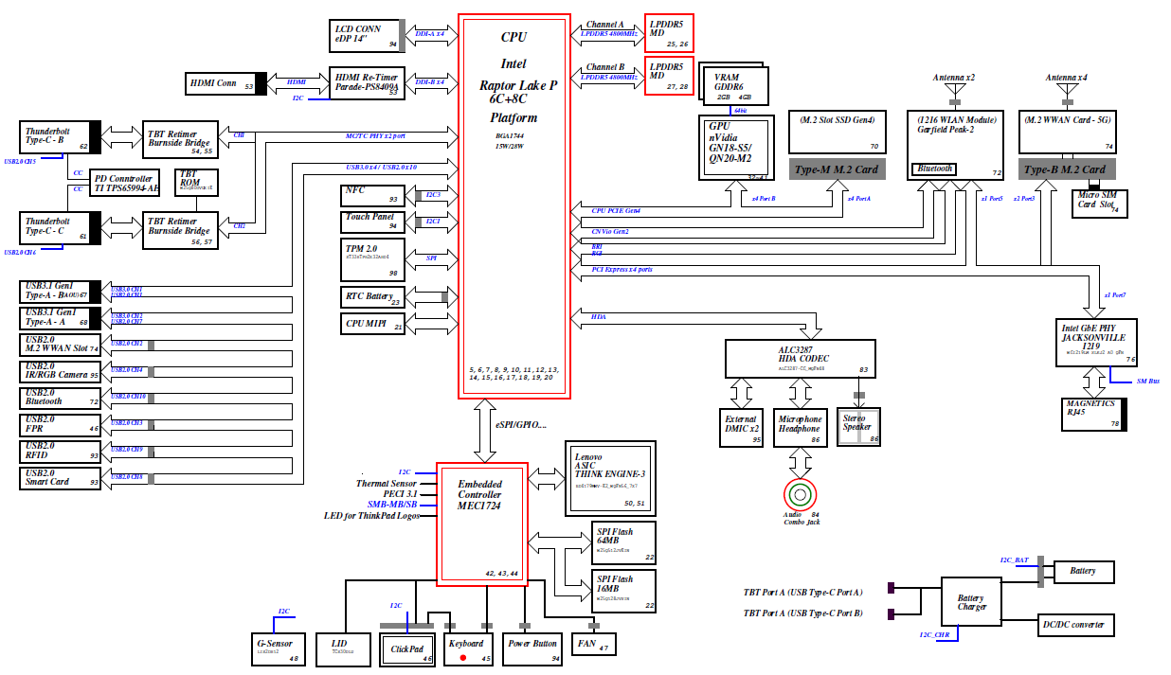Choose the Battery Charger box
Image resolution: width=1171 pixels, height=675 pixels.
point(971,603)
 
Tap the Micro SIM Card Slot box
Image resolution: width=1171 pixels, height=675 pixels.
point(1099,204)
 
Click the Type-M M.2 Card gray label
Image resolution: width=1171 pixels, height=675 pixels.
point(835,169)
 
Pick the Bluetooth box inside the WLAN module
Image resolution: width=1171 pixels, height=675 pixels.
point(934,169)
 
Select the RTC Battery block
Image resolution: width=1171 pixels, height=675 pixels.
point(372,297)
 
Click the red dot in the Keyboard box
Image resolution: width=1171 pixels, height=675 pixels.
point(463,657)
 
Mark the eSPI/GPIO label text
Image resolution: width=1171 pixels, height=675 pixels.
point(520,424)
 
